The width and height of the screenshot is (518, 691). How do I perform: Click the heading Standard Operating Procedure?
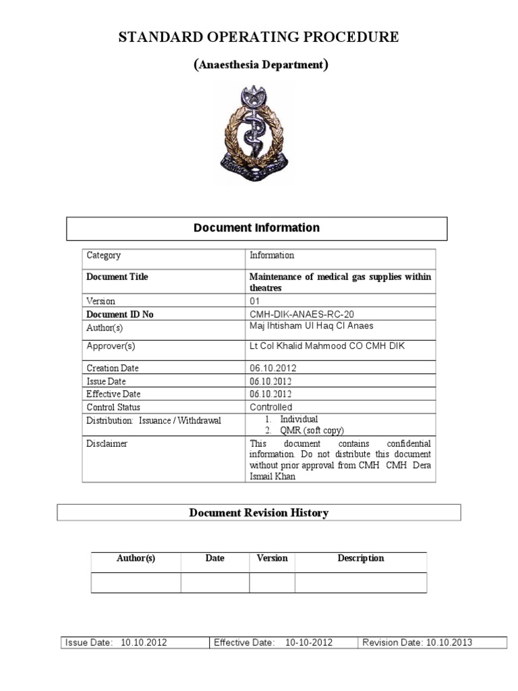coord(258,37)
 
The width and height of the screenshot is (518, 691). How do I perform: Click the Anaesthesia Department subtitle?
coord(261,65)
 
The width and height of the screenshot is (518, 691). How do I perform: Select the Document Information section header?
coord(256,228)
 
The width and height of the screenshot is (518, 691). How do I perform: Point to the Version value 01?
coord(256,301)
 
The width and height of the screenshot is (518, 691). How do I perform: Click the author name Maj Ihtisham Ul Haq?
coord(311,327)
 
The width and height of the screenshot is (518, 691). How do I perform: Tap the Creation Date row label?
coord(113,368)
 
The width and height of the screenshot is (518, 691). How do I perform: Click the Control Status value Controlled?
coord(270,407)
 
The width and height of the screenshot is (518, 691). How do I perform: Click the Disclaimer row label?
coord(107,444)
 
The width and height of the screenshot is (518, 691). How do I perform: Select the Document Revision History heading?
coord(258,513)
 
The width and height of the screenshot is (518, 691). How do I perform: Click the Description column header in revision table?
coord(360,558)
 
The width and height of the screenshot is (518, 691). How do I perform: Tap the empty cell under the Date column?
coord(214,582)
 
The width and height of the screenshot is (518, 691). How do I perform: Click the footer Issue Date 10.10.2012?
coord(116,642)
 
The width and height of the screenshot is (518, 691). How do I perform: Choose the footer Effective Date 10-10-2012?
coord(273,642)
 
